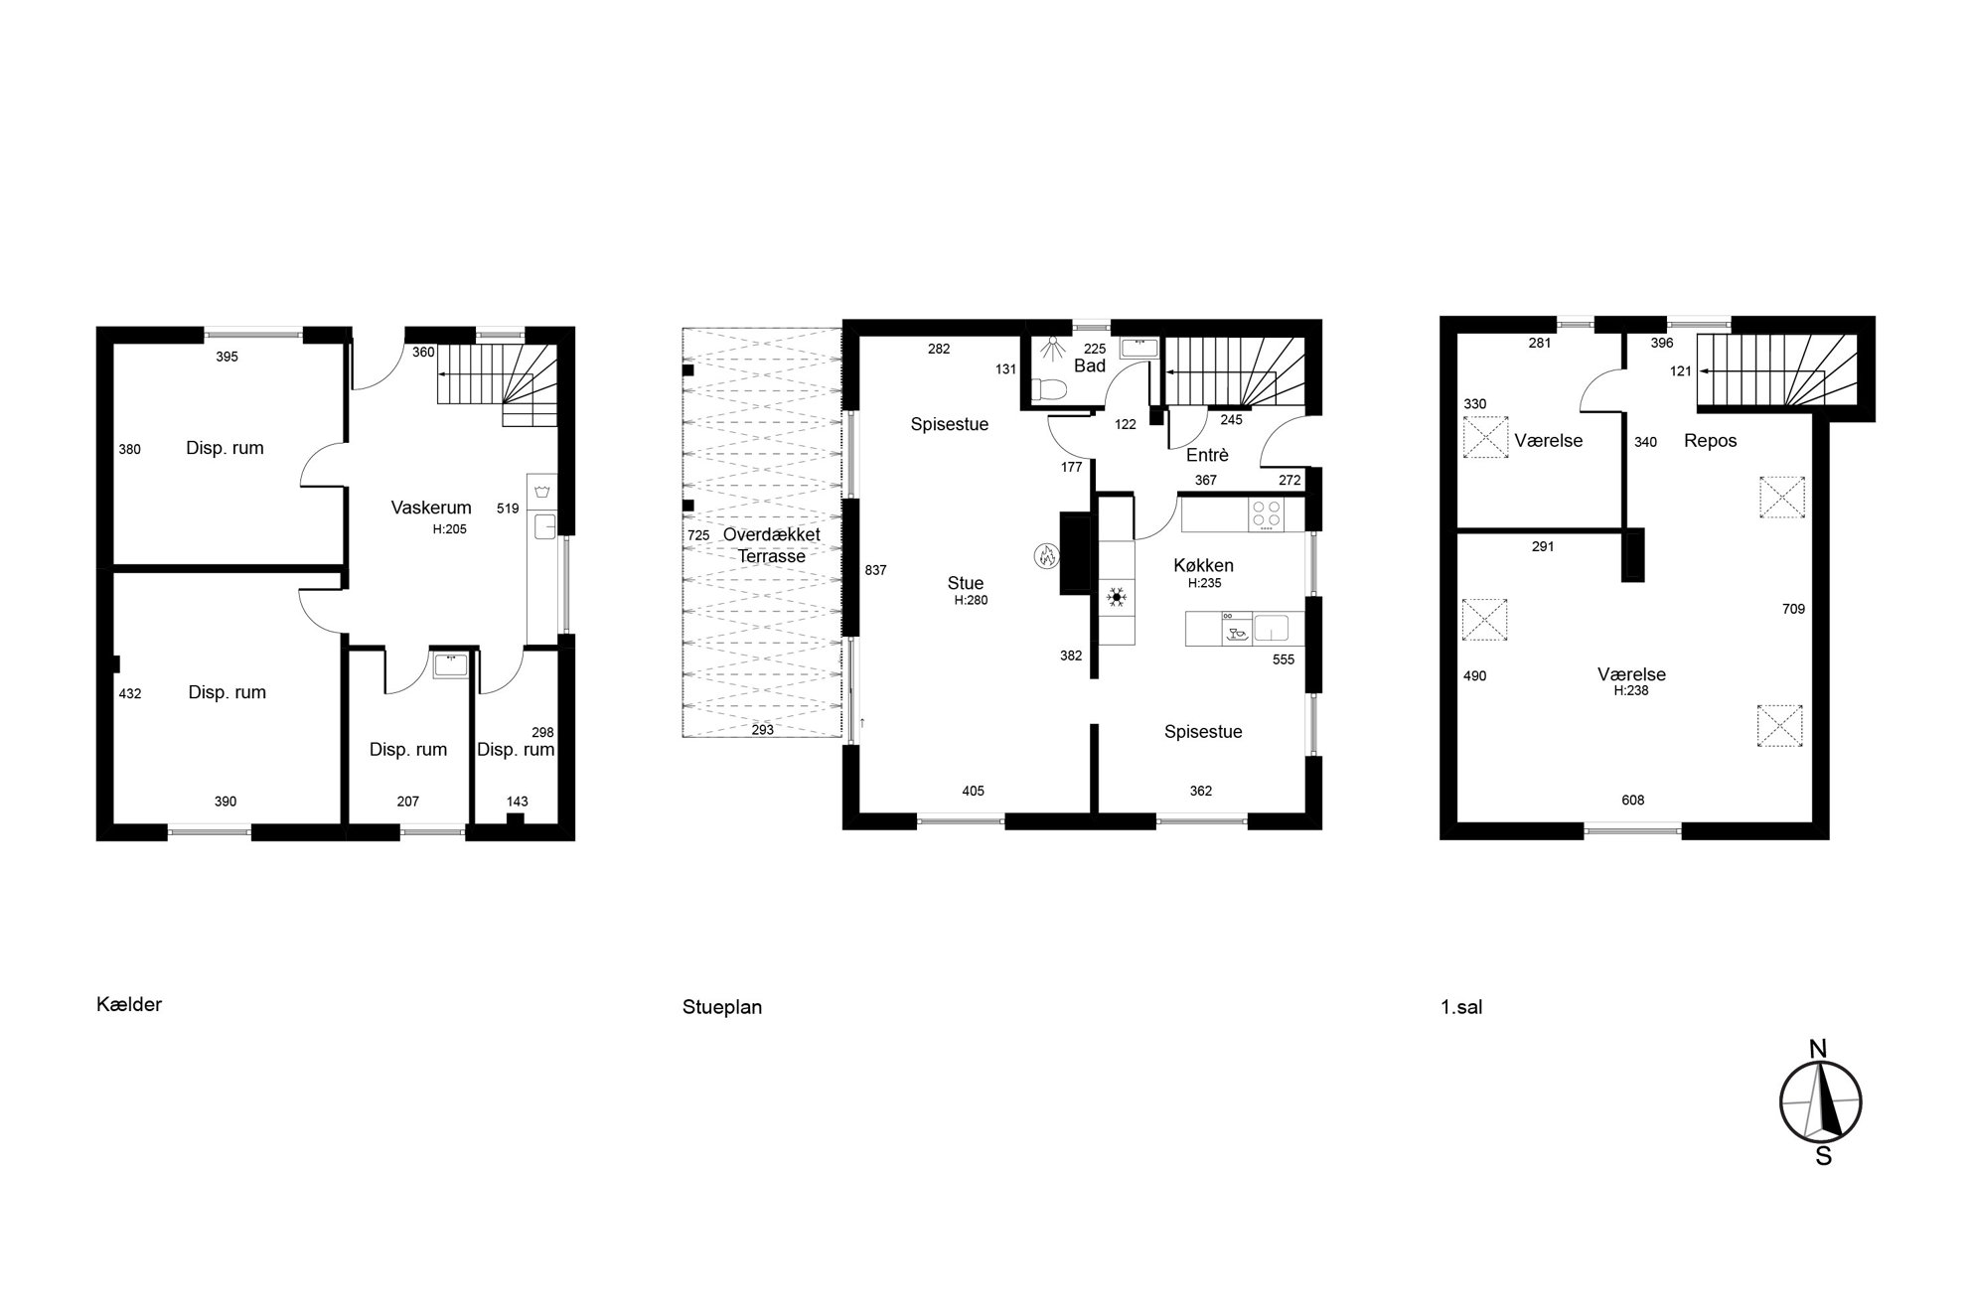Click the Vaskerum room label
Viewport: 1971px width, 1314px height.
(x=431, y=508)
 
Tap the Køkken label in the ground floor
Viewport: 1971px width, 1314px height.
(x=1203, y=565)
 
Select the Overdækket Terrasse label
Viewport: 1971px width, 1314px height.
(x=772, y=545)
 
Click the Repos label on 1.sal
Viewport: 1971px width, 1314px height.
(x=1711, y=441)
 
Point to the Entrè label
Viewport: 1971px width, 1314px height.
(x=1207, y=455)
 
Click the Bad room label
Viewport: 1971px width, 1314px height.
(x=1090, y=365)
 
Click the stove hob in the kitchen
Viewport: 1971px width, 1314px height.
(x=1266, y=514)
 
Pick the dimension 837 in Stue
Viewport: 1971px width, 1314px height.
(x=875, y=570)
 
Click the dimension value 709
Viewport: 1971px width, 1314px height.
(x=1793, y=609)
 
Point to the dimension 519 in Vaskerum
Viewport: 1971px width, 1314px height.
(x=508, y=509)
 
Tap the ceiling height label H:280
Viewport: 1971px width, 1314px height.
(x=972, y=600)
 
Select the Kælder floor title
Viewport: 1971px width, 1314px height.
(x=129, y=1004)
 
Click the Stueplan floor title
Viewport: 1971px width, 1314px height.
(x=722, y=1007)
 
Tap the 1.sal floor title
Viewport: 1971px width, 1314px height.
(x=1461, y=1007)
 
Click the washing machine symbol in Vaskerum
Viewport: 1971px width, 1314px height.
(x=542, y=492)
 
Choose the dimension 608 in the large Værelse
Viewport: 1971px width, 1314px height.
(x=1633, y=800)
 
